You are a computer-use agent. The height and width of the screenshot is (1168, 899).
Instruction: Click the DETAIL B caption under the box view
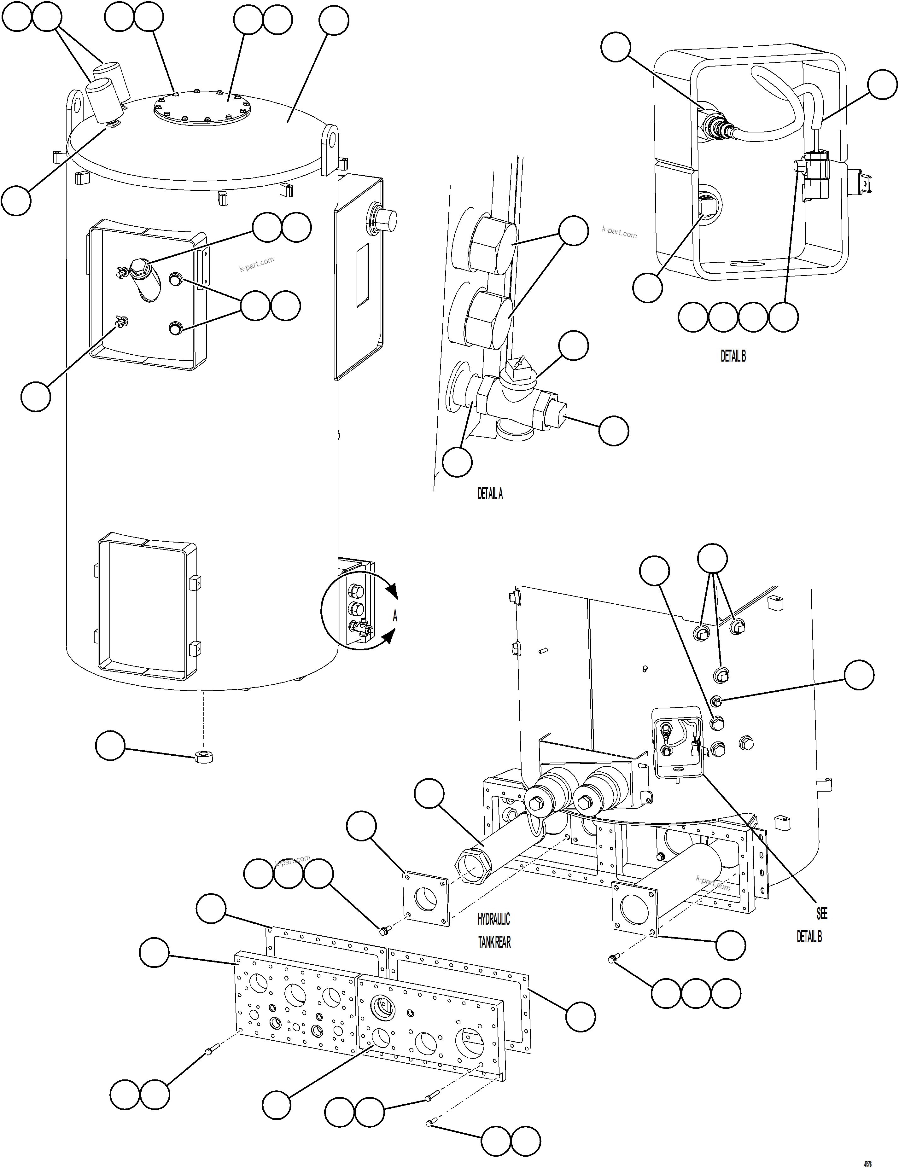point(733,356)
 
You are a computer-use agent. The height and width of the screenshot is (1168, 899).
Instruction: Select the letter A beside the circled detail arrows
point(395,616)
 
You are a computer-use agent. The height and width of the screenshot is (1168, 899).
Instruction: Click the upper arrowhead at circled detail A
point(393,591)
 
